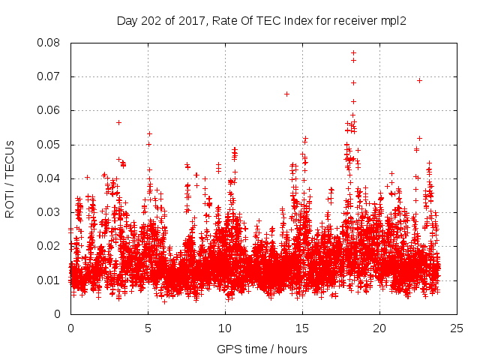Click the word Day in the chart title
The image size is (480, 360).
pyautogui.click(x=127, y=21)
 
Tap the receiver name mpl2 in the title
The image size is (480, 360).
pyautogui.click(x=392, y=21)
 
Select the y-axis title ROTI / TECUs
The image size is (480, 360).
pyautogui.click(x=10, y=178)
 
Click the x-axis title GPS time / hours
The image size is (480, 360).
pyautogui.click(x=262, y=349)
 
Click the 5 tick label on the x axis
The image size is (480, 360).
pyautogui.click(x=148, y=328)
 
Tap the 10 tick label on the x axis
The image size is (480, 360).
pyautogui.click(x=225, y=328)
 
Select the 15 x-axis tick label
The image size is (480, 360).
pyautogui.click(x=302, y=328)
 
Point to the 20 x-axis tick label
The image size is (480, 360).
pyautogui.click(x=379, y=328)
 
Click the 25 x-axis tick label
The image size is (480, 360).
pyautogui.click(x=457, y=328)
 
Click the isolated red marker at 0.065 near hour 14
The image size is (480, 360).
pyautogui.click(x=286, y=94)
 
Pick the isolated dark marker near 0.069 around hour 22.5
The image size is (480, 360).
pyautogui.click(x=419, y=80)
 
